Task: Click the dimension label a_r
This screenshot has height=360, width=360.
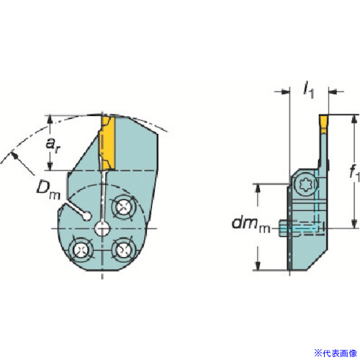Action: coord(53,145)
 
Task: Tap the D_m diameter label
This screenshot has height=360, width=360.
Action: coord(48,190)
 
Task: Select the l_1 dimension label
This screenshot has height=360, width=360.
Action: coord(309,91)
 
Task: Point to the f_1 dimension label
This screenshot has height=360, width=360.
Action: coord(355,172)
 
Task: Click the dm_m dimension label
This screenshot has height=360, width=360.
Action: coord(251,225)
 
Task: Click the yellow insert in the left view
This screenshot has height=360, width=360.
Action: coord(107,143)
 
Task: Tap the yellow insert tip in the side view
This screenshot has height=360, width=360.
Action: coord(323,124)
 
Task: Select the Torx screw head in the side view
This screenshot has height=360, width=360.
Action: coord(305,184)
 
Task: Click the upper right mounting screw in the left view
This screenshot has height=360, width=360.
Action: coord(123,207)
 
